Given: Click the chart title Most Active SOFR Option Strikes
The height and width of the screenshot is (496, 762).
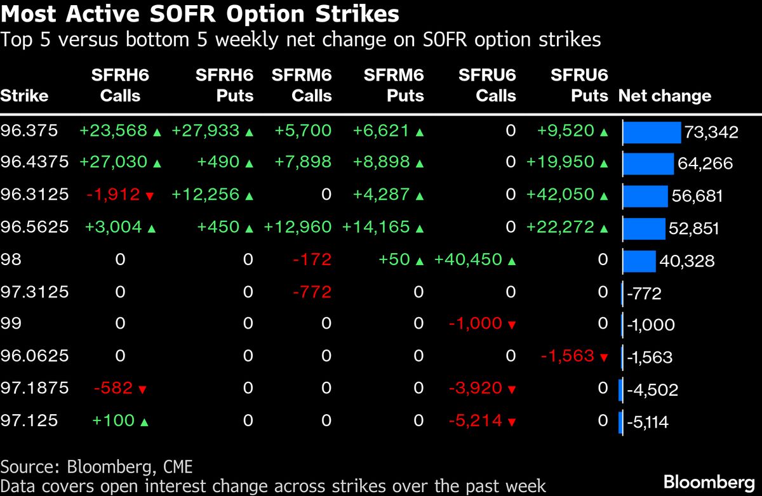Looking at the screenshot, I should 200,14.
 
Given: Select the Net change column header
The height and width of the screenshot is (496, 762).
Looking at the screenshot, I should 664,96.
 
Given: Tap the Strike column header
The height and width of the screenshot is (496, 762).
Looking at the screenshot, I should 24,96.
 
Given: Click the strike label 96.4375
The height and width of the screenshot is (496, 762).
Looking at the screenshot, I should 34,162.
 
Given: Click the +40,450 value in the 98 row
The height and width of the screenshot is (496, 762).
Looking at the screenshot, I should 469,259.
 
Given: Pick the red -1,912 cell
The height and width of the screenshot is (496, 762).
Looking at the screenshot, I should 112,194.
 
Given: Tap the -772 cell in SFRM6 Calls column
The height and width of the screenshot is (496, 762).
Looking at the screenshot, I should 312,292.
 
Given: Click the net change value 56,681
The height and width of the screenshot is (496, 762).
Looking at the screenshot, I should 697,196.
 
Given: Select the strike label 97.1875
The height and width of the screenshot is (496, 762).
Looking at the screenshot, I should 34,388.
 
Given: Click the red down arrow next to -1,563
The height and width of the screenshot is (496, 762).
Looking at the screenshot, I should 603,357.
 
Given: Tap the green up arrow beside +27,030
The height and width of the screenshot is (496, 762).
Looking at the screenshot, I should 157,163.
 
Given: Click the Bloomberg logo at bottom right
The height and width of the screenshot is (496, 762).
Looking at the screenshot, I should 709,481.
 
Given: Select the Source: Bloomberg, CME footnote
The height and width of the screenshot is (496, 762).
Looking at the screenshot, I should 97,467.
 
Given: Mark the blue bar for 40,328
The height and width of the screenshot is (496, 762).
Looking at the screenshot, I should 639,261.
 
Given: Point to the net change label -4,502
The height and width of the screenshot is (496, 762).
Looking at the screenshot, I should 652,389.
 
